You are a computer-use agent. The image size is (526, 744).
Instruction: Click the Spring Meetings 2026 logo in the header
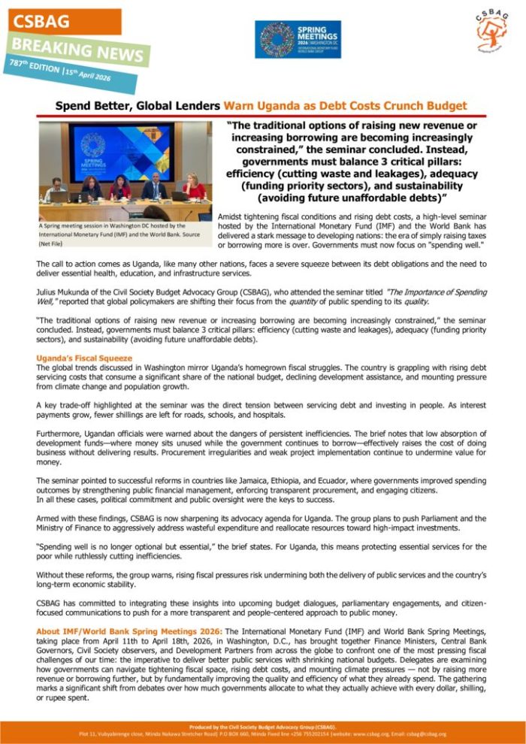298,39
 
